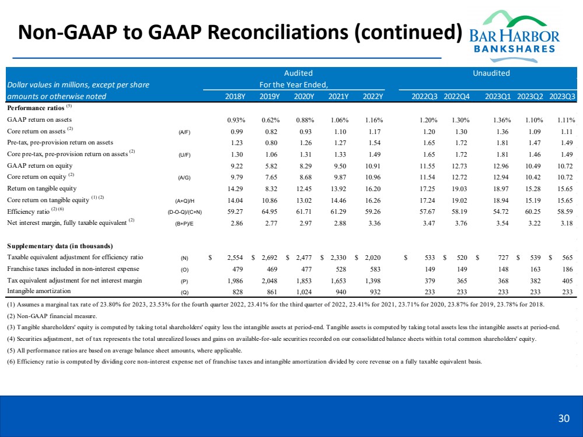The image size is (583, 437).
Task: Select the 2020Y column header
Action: [x=303, y=96]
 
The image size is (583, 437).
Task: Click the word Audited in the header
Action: [x=298, y=73]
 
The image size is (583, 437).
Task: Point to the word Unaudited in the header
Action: [x=492, y=73]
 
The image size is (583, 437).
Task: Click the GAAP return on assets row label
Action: [x=40, y=119]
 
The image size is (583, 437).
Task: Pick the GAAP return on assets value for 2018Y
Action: [x=237, y=119]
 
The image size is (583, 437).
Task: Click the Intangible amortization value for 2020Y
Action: [x=304, y=292]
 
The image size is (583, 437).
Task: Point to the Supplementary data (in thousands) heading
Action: [x=60, y=245]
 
